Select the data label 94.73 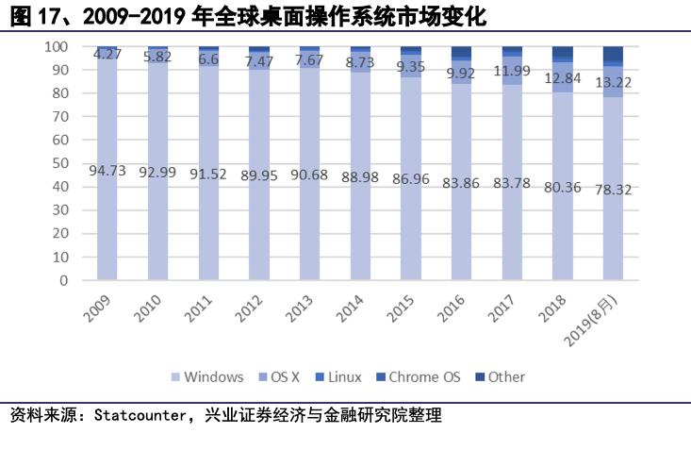pos(107,171)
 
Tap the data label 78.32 pos(613,189)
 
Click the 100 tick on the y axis pos(56,46)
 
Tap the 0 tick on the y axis pos(62,280)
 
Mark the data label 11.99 pos(512,72)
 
